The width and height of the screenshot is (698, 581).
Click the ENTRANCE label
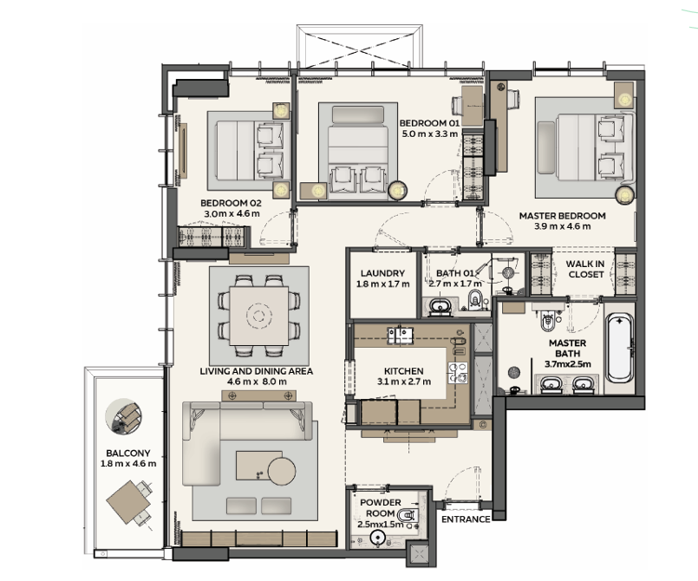pyautogui.click(x=466, y=519)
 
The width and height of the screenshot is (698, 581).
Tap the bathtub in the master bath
pyautogui.click(x=620, y=347)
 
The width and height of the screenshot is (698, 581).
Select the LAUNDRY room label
pyautogui.click(x=382, y=273)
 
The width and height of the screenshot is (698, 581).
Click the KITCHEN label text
pyautogui.click(x=404, y=371)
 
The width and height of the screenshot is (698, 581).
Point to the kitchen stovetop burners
pyautogui.click(x=458, y=373)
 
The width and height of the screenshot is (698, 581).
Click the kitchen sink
pyautogui.click(x=401, y=336)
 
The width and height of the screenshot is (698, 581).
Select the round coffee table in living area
pyautogui.click(x=281, y=472)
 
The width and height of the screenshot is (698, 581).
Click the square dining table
pyautogui.click(x=258, y=317)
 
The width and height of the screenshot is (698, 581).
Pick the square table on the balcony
pyautogui.click(x=128, y=502)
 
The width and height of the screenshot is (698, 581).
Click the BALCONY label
pyautogui.click(x=128, y=454)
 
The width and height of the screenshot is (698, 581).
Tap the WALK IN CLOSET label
pyautogui.click(x=585, y=269)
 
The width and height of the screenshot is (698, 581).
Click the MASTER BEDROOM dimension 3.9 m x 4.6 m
pyautogui.click(x=563, y=226)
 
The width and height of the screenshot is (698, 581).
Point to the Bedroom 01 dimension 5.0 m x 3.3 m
pyautogui.click(x=429, y=134)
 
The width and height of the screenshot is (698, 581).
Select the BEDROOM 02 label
pyautogui.click(x=231, y=203)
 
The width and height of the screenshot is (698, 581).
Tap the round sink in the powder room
pyautogui.click(x=378, y=538)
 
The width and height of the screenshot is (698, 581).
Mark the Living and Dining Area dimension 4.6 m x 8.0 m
pyautogui.click(x=257, y=382)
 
